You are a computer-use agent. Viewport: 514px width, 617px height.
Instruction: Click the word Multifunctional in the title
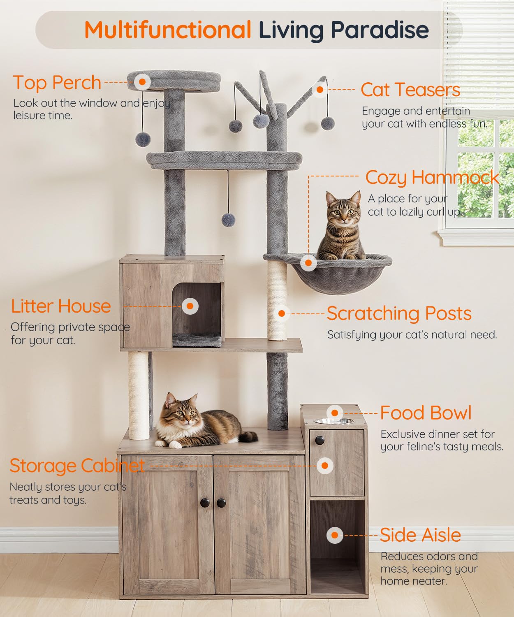tap(168, 30)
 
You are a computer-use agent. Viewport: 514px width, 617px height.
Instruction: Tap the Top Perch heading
tap(57, 83)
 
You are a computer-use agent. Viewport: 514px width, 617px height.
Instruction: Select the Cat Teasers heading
tap(410, 90)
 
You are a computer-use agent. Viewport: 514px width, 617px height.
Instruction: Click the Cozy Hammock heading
tap(432, 177)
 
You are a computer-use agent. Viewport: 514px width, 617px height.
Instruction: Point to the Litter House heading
tap(61, 306)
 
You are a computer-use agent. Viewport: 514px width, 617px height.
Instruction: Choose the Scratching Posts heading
tap(399, 313)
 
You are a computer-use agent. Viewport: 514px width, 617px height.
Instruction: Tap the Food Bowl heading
tap(426, 413)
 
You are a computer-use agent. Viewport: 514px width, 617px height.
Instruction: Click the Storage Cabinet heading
tap(77, 466)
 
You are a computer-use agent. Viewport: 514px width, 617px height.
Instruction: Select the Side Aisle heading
tap(420, 535)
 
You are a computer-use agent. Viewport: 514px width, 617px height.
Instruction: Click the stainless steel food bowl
tap(336, 421)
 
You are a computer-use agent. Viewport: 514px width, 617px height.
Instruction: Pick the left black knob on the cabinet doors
tap(204, 502)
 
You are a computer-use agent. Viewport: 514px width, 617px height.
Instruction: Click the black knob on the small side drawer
tap(319, 441)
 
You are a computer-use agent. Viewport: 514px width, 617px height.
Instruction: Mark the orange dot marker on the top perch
tap(142, 81)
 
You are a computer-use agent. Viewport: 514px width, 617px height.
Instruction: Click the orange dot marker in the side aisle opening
tap(335, 535)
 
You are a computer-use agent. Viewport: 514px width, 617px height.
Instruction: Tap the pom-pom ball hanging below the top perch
tap(143, 139)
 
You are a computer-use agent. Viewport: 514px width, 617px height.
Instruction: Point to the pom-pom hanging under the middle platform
tap(228, 220)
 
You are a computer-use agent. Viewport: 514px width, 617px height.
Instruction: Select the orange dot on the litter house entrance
tap(190, 306)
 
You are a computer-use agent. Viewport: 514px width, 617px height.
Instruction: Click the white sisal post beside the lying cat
tap(138, 395)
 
